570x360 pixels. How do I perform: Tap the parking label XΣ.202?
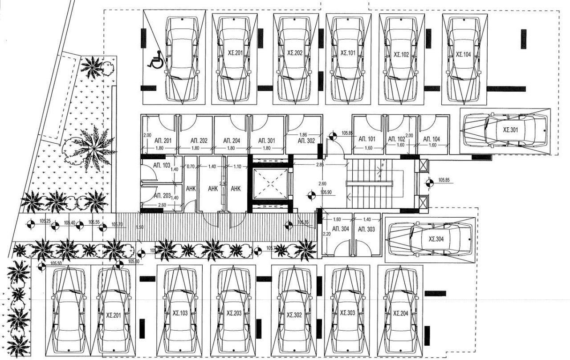point(295,53)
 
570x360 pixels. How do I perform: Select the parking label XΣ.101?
point(348,53)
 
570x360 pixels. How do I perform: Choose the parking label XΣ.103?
point(181,313)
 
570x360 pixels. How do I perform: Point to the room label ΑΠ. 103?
point(162,165)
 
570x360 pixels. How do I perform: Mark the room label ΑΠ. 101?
point(367,139)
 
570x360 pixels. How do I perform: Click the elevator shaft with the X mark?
point(270,183)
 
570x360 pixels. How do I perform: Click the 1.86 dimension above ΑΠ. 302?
point(303,134)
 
